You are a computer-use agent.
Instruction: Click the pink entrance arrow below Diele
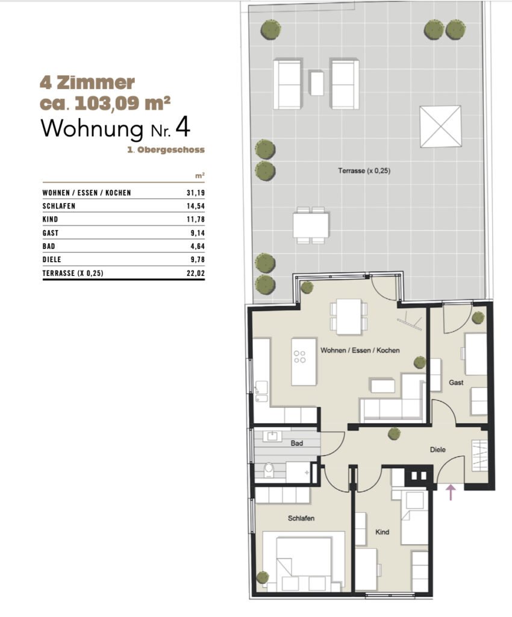pos(451,492)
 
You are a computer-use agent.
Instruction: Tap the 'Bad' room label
pos(296,443)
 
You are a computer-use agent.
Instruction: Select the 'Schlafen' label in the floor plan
pos(301,518)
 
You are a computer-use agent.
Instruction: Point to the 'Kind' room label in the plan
pos(382,532)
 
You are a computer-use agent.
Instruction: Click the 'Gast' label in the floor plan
pos(456,382)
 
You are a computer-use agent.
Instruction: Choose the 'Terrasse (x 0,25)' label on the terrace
pos(364,171)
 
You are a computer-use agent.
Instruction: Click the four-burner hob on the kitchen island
pos(299,357)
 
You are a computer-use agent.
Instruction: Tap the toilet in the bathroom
pos(269,469)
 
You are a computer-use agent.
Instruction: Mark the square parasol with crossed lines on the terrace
pos(440,127)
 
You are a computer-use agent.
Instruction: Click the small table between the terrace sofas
pos(317,83)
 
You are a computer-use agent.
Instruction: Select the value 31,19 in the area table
pos(195,193)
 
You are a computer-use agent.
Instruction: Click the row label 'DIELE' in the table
pos(52,260)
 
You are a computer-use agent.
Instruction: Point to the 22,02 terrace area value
pos(195,273)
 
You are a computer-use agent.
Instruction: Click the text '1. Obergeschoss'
pos(166,149)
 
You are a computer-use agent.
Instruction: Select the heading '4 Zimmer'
pos(87,83)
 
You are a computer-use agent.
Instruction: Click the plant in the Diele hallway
pos(394,434)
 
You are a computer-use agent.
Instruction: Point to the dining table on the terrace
pos(311,225)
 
